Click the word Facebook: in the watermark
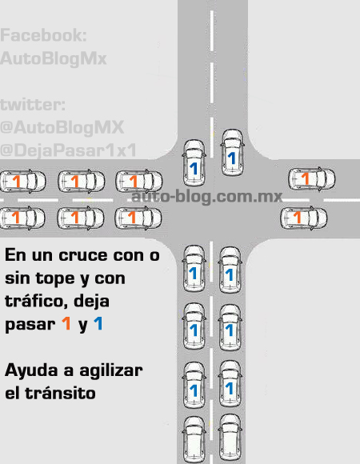coord(43,35)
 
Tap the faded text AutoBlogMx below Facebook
coord(54,58)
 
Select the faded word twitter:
coord(33,105)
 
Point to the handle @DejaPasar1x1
coord(68,150)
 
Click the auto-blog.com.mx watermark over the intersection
coord(206,196)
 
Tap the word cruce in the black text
coord(83,255)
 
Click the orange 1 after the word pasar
coord(66,323)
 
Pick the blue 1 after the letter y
coord(98,323)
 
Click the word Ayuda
coord(31,370)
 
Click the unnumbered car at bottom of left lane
coord(194,439)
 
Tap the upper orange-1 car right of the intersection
coord(312,178)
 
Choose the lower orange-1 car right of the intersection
coord(304,218)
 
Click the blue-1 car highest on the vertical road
coord(232,153)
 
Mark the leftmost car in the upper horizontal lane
coord(22,181)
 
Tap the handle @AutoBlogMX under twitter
coord(62,127)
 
